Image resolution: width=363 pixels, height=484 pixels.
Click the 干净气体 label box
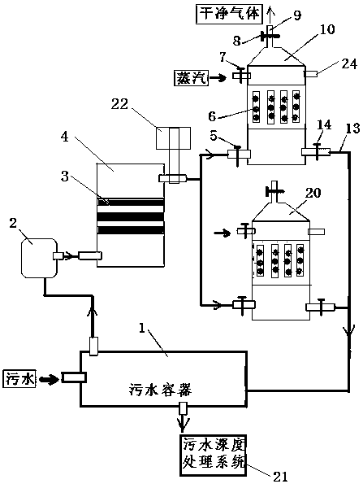(229, 14)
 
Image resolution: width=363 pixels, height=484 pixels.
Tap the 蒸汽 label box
(191, 78)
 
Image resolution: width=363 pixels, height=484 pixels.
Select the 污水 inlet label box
(20, 379)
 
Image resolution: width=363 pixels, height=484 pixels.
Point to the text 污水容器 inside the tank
(160, 390)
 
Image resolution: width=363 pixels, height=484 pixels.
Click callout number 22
(119, 104)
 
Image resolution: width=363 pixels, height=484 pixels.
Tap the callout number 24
(349, 64)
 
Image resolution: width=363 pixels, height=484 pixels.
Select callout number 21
(280, 477)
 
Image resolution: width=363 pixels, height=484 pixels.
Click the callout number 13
(352, 128)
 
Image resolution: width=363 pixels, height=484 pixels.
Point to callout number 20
(313, 193)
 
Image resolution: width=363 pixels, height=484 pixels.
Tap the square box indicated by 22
(173, 138)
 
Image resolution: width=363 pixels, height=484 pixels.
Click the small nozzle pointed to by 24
(310, 74)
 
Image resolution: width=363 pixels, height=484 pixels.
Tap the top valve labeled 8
(270, 36)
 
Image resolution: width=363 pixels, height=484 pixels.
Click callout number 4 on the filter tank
(64, 137)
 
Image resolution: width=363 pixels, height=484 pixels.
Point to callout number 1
(141, 328)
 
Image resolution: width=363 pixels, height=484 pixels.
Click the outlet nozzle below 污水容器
(183, 408)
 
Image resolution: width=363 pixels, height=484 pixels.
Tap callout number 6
(212, 116)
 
